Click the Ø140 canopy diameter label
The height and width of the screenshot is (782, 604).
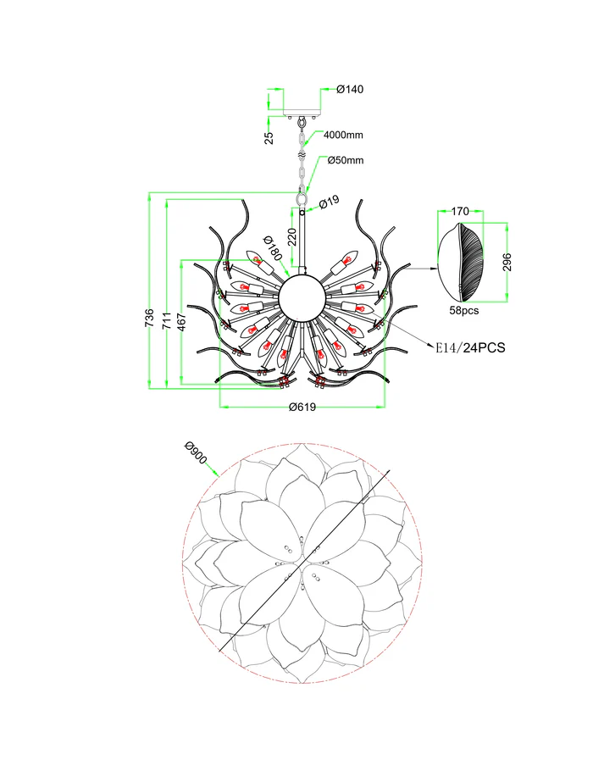(x=350, y=89)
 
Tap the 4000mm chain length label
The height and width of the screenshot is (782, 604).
(x=343, y=135)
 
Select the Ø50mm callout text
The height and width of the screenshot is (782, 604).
(x=346, y=160)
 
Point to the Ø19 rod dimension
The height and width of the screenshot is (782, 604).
(x=329, y=202)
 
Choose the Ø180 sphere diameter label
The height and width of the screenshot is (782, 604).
(x=272, y=248)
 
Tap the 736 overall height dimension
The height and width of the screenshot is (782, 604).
(x=149, y=319)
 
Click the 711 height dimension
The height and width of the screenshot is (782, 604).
(x=167, y=320)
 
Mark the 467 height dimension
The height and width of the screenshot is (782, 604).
(x=182, y=322)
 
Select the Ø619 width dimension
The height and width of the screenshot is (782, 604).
(x=302, y=407)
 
